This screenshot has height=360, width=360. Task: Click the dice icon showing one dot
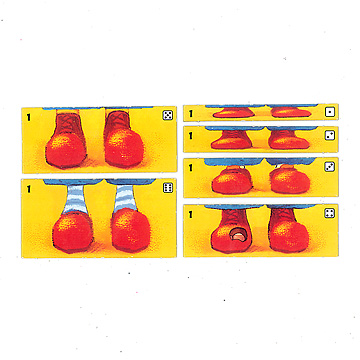[x=330, y=112]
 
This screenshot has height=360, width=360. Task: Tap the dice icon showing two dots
[x=330, y=135]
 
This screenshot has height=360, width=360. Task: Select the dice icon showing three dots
[x=330, y=167]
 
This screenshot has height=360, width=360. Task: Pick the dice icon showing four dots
[x=330, y=213]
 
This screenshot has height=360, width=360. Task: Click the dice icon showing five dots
[x=168, y=115]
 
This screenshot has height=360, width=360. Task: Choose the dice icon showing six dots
[x=168, y=188]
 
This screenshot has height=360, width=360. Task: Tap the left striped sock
[x=75, y=199]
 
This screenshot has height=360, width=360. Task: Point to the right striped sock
[x=124, y=198]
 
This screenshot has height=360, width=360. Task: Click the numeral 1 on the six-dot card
[x=29, y=189]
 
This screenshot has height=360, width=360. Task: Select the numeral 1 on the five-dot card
[x=29, y=117]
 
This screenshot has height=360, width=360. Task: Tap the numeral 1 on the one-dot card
[x=191, y=114]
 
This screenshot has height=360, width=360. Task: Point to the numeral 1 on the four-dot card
[x=191, y=215]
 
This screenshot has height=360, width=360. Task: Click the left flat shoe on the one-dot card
[x=233, y=113]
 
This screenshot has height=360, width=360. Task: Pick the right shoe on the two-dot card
[x=288, y=140]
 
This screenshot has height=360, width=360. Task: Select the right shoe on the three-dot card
[x=290, y=179]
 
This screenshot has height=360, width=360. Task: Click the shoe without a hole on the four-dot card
[x=288, y=231]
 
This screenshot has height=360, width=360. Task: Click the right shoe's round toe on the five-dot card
[x=124, y=148]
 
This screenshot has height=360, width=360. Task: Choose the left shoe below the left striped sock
[x=73, y=232]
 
